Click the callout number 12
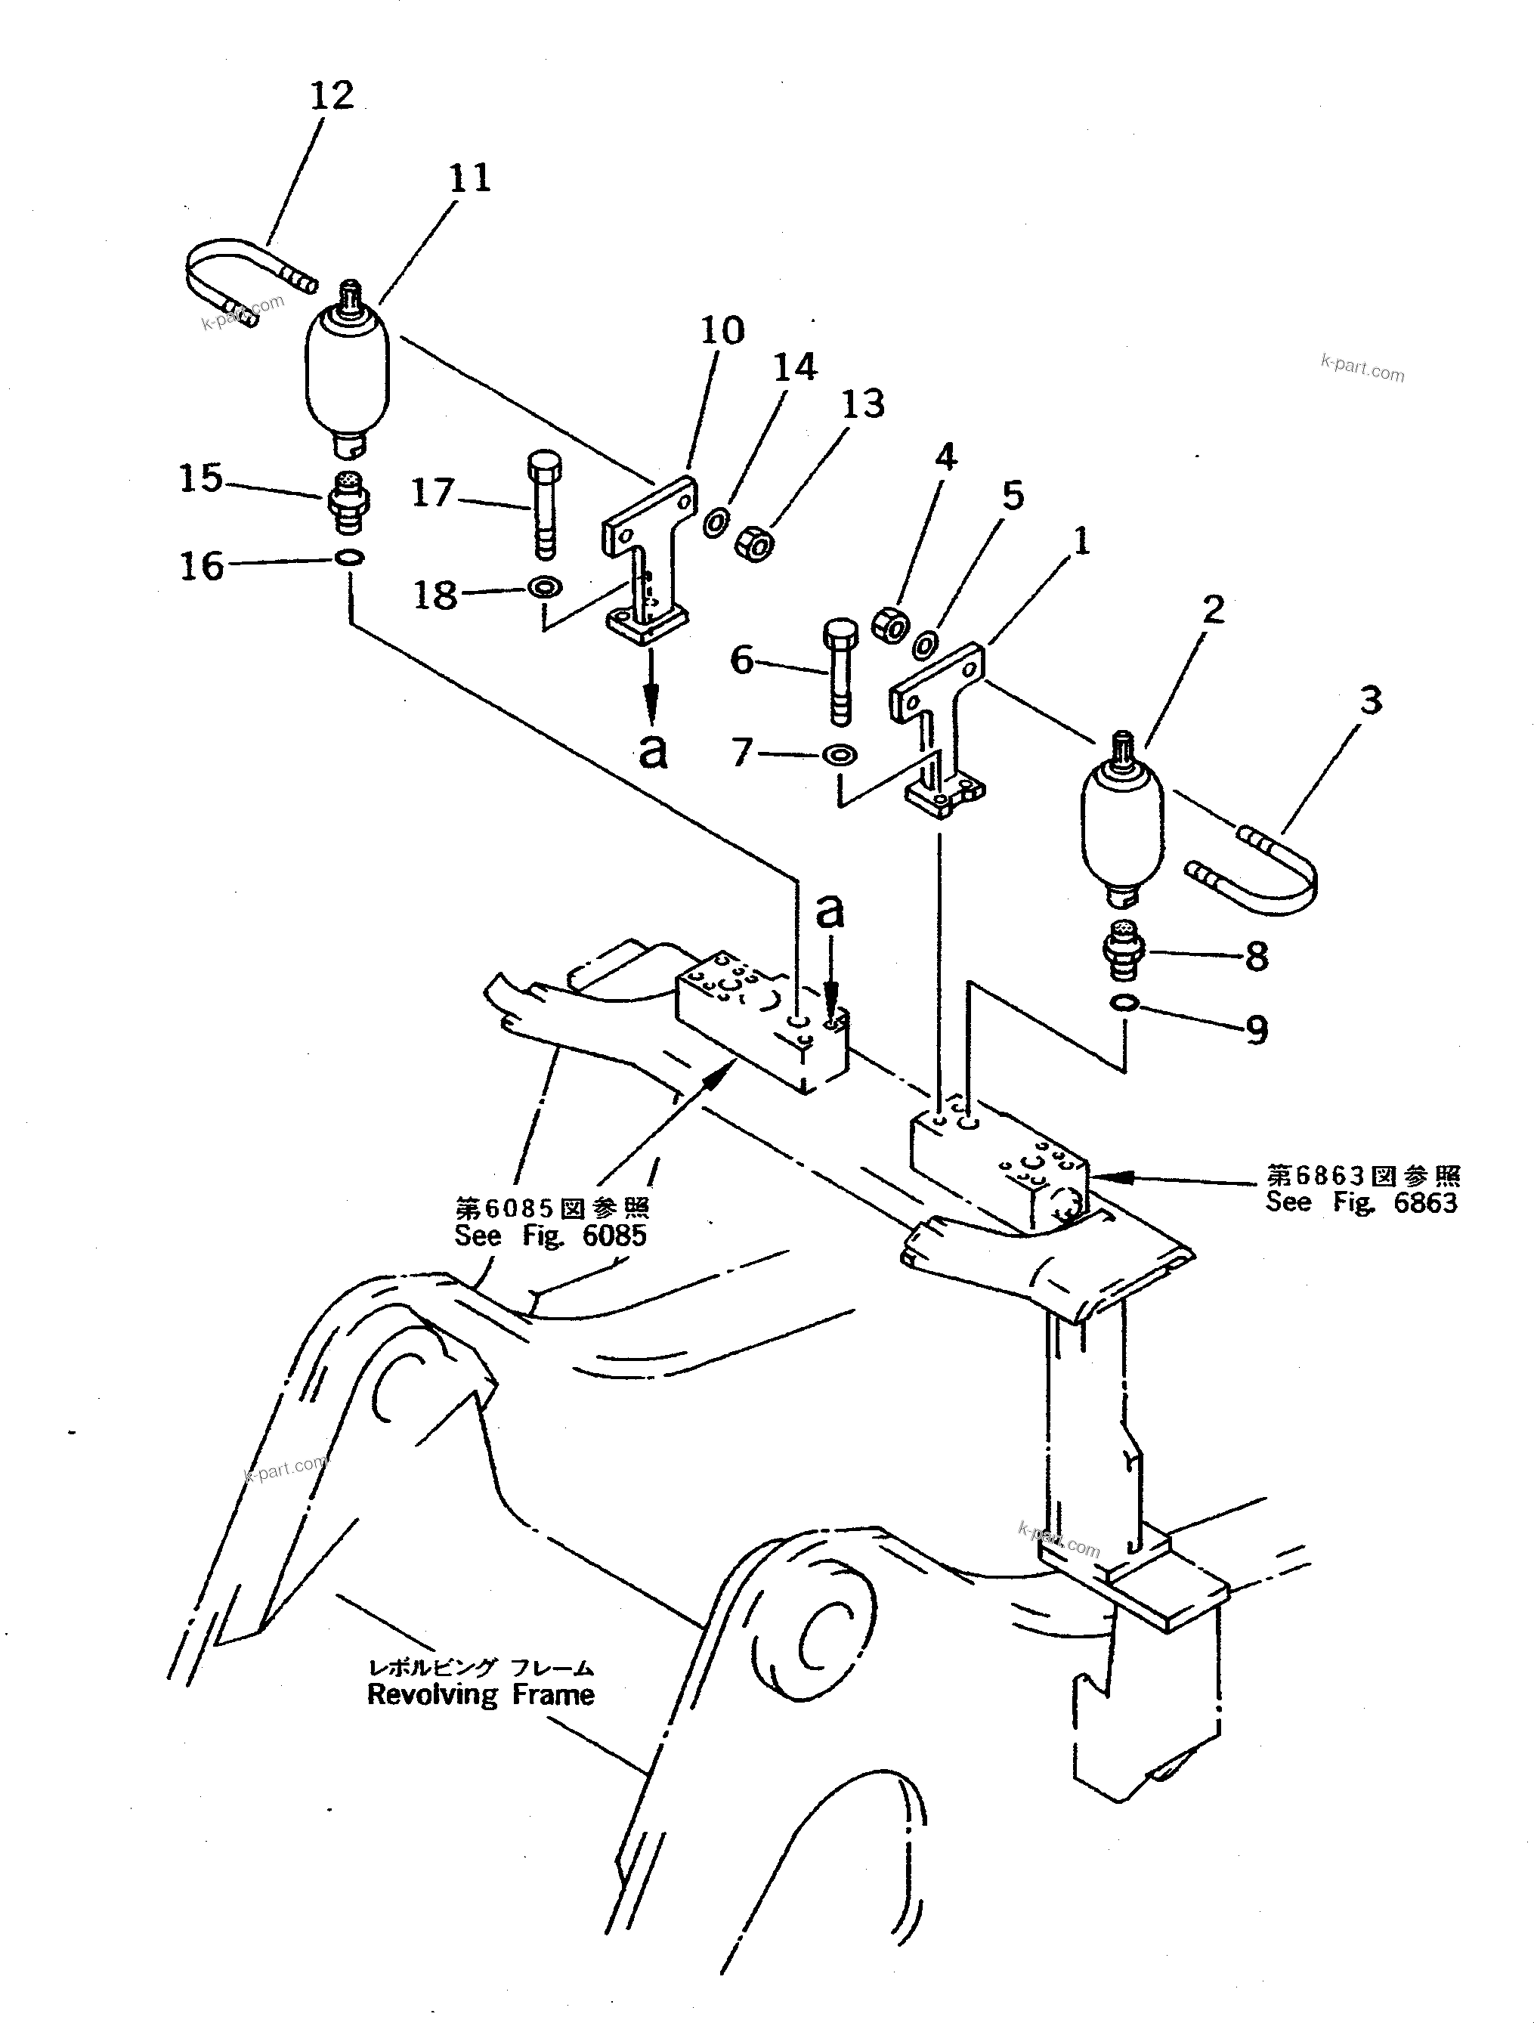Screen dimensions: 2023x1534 pos(331,95)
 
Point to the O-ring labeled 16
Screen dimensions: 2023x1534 pos(349,557)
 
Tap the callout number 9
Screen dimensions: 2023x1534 pos(1257,1031)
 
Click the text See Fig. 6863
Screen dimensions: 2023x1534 pos(1361,1202)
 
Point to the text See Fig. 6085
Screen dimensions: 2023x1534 pos(550,1236)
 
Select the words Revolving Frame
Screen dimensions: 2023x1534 pos(481,1695)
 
